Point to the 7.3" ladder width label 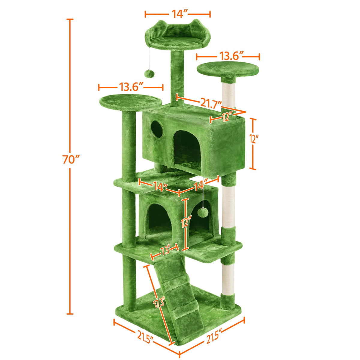[165, 252]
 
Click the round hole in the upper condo [157, 129]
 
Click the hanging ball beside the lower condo [202, 212]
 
